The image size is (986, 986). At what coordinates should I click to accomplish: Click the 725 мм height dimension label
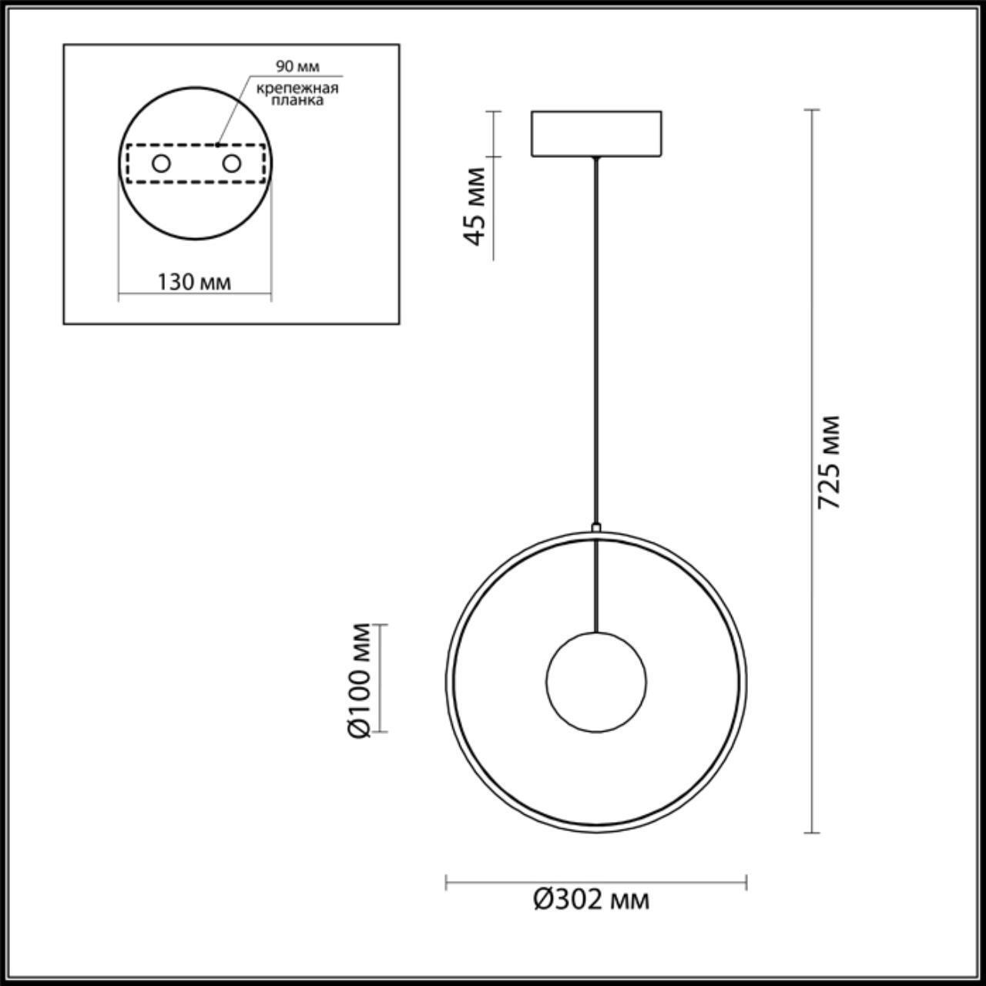829,462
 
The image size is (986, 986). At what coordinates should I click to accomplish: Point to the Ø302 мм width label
592,899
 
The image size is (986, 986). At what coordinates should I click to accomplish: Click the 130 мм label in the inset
194,282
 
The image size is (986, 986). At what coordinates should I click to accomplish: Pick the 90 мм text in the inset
297,68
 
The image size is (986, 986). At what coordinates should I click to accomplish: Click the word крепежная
298,89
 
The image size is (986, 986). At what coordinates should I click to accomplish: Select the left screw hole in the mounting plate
161,163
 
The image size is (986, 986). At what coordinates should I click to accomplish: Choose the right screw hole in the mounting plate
231,163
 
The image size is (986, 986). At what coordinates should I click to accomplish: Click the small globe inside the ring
596,682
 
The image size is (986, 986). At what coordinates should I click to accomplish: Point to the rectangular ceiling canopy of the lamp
595,134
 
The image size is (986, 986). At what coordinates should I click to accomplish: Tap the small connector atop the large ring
595,528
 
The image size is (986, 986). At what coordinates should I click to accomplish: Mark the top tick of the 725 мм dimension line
811,110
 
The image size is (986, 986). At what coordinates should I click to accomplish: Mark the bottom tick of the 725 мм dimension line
811,833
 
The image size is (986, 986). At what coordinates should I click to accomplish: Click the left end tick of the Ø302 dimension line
447,882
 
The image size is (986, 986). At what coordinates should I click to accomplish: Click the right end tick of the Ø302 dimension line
746,882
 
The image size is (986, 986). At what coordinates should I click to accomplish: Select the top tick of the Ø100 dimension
378,625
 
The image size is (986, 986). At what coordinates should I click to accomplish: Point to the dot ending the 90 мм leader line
218,143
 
